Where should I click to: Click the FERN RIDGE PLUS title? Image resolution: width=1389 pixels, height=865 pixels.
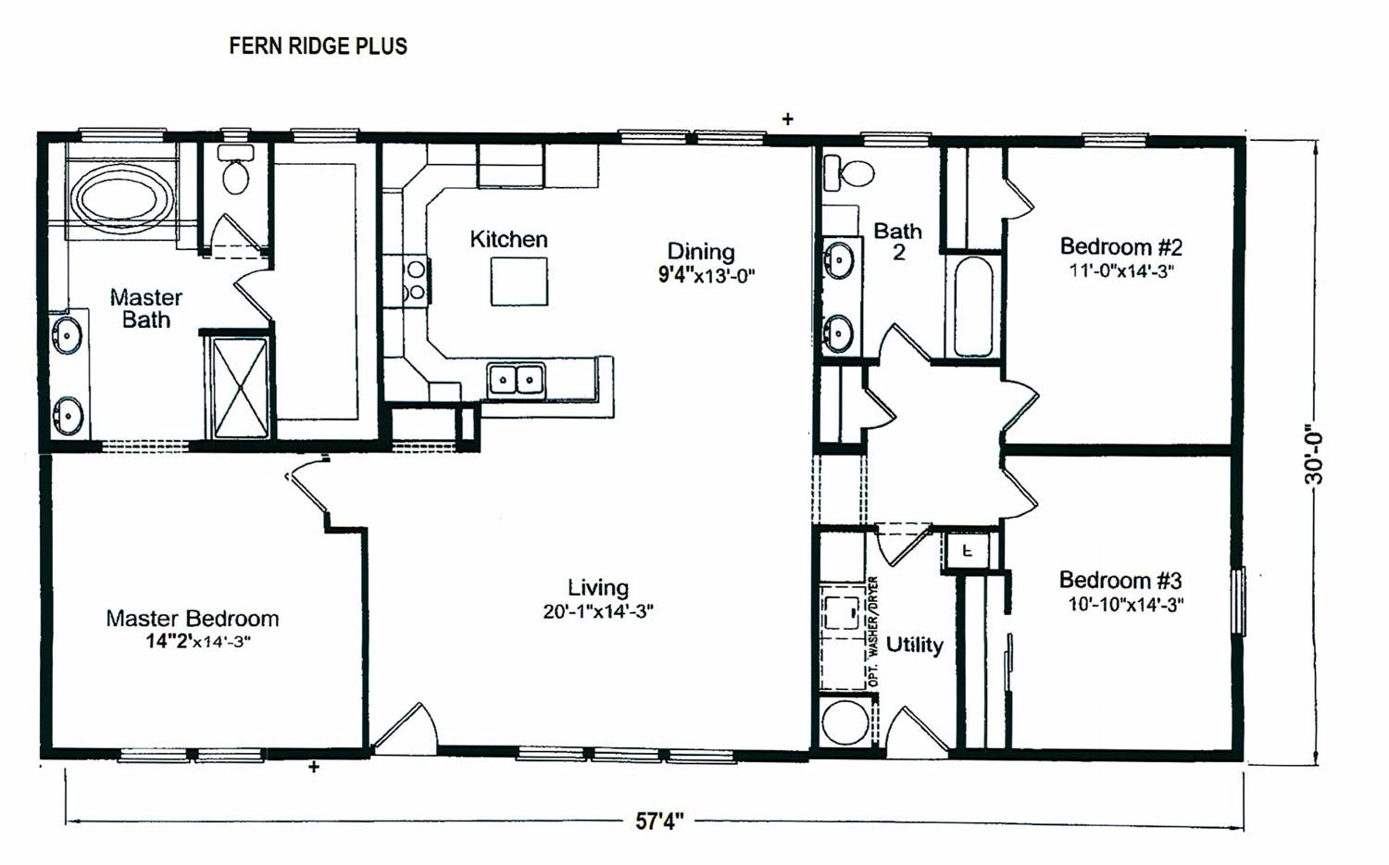tap(318, 46)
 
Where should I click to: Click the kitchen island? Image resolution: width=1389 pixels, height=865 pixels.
tap(519, 282)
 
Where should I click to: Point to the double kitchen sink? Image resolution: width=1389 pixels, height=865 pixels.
tap(516, 380)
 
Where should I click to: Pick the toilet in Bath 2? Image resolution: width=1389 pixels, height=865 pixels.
tap(851, 172)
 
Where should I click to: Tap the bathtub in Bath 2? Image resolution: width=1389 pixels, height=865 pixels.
tap(973, 307)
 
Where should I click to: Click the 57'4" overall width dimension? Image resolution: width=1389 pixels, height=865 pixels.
tap(659, 821)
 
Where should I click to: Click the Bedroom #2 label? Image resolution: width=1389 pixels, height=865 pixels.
tap(1120, 247)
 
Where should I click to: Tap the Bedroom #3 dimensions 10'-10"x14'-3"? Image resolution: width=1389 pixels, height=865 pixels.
tap(1125, 605)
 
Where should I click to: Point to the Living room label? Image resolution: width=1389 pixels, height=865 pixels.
tap(597, 588)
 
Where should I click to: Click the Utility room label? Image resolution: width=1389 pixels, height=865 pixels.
tap(914, 645)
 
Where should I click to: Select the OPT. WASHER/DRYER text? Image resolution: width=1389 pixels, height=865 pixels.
tap(873, 632)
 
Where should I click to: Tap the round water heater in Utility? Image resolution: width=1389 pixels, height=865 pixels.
tap(845, 722)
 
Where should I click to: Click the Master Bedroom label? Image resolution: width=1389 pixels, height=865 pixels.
tap(192, 619)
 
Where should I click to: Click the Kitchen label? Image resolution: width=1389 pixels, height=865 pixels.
tap(508, 240)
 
